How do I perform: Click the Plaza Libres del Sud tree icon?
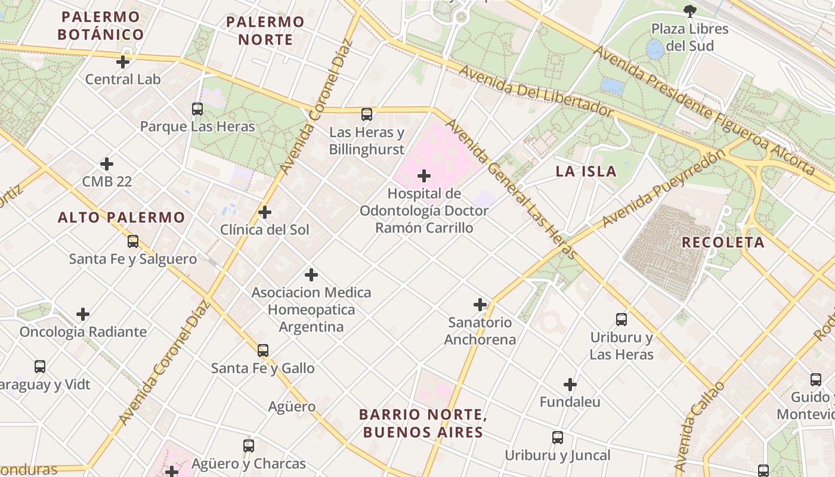pyautogui.click(x=689, y=11)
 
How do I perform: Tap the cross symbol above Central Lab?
pyautogui.click(x=123, y=61)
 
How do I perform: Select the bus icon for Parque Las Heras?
pyautogui.click(x=197, y=109)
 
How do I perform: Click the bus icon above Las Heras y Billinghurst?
pyautogui.click(x=367, y=114)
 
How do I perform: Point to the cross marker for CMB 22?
pyautogui.click(x=107, y=163)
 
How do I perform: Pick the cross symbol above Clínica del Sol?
pyautogui.click(x=265, y=212)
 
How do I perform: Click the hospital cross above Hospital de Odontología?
pyautogui.click(x=424, y=176)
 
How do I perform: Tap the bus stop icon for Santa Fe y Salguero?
pyautogui.click(x=133, y=241)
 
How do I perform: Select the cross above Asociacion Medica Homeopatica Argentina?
pyautogui.click(x=311, y=275)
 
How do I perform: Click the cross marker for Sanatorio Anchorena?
pyautogui.click(x=480, y=305)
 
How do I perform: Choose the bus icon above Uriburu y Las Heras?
pyautogui.click(x=621, y=320)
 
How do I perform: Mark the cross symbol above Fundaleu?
pyautogui.click(x=570, y=385)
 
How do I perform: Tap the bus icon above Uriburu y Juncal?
pyautogui.click(x=558, y=438)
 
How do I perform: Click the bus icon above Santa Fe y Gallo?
pyautogui.click(x=263, y=351)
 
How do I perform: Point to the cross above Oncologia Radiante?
pyautogui.click(x=83, y=314)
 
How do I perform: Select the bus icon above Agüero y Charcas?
pyautogui.click(x=249, y=445)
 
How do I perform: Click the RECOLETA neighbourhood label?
pyautogui.click(x=723, y=242)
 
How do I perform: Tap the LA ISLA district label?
pyautogui.click(x=586, y=171)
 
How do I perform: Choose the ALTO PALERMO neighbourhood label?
pyautogui.click(x=122, y=217)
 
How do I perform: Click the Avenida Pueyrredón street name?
pyautogui.click(x=663, y=188)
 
